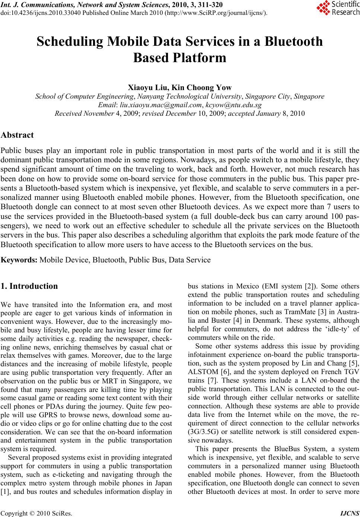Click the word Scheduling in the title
[x=70, y=41]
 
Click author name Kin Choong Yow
[x=202, y=88]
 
